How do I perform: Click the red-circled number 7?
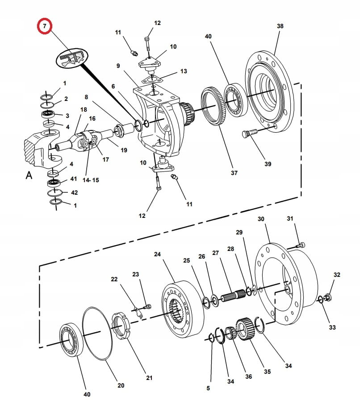45,26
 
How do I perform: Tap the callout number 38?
280,26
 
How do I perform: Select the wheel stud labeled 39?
250,133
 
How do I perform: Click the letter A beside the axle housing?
29,175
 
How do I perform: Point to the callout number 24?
157,254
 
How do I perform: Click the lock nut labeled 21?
121,326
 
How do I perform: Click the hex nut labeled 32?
327,297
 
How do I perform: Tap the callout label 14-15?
91,180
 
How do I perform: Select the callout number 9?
118,66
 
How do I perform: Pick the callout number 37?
234,173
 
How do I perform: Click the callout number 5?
208,388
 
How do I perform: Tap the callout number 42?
74,192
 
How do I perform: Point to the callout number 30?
261,219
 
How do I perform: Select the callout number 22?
114,279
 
